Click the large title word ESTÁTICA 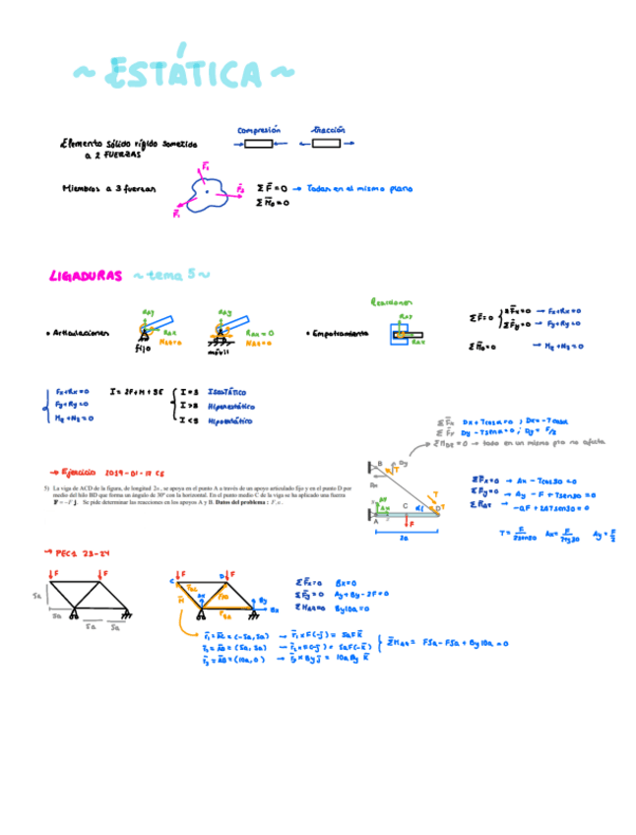point(183,74)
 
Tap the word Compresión point(259,129)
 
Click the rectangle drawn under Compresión point(258,144)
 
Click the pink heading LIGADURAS point(86,277)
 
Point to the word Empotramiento point(343,334)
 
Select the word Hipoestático point(230,420)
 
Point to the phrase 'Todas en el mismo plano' point(359,187)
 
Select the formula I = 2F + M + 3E point(134,390)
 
